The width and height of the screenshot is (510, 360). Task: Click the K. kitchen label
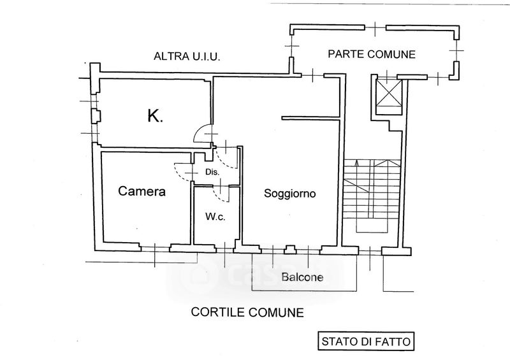154,116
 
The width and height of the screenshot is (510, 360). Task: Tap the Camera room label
142,191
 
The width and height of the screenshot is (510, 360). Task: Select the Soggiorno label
291,194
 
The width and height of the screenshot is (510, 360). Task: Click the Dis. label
212,172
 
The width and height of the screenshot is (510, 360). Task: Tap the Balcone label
303,277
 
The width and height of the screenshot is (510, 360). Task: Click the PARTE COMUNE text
372,54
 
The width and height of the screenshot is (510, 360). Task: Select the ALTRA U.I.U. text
187,57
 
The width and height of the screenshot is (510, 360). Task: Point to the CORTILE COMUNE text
247,313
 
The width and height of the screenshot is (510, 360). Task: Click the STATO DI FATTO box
365,340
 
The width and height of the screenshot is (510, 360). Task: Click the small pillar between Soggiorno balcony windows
290,249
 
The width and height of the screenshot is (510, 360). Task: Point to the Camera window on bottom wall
155,247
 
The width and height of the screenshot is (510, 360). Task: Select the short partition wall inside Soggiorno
309,117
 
